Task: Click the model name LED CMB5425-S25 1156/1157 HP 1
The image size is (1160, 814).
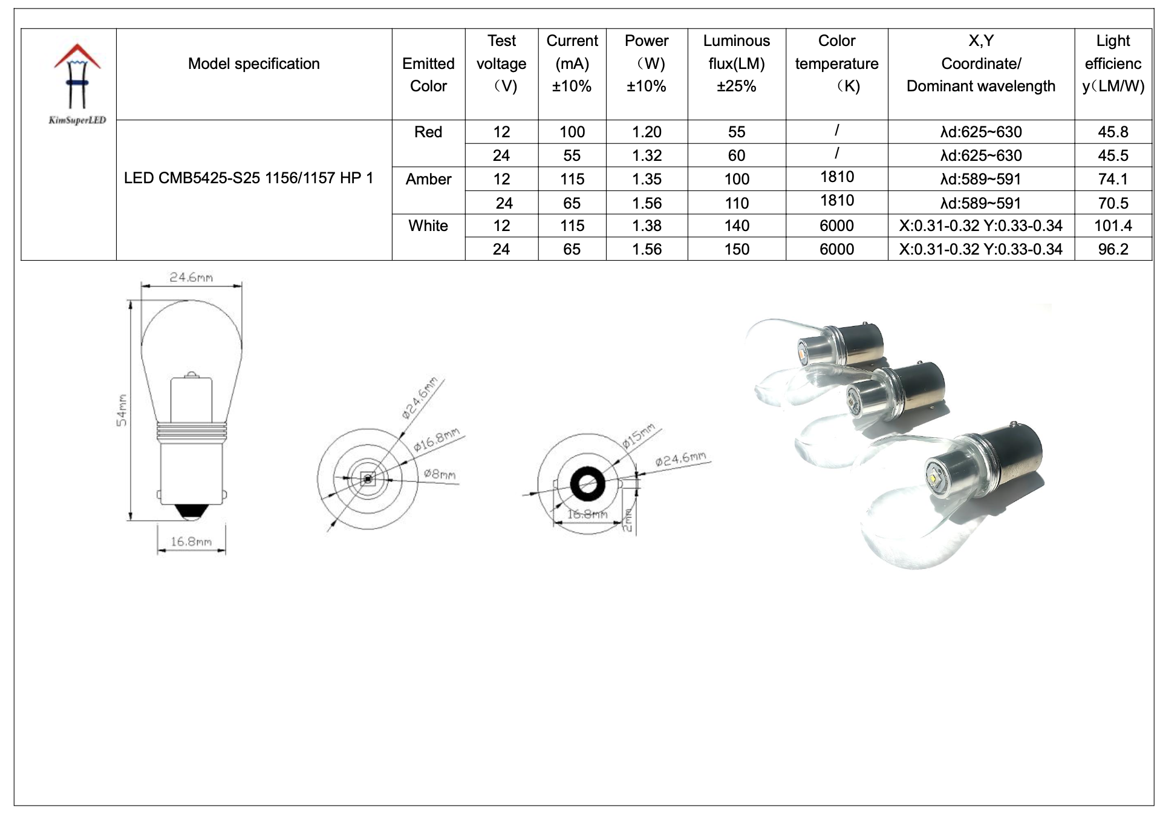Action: tap(249, 178)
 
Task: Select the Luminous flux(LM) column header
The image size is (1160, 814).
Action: tap(736, 63)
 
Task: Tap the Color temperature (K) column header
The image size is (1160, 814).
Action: tap(836, 63)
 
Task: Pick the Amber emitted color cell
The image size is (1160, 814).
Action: tap(428, 180)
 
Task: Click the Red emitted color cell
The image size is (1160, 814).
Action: tap(428, 132)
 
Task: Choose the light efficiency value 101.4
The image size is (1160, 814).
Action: tap(1112, 226)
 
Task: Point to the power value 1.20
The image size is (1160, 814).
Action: tap(647, 132)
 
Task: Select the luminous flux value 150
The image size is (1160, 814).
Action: tap(736, 249)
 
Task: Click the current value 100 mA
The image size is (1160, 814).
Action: tap(572, 132)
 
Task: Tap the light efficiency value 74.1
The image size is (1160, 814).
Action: tap(1112, 179)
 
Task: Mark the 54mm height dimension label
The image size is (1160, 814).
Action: tap(122, 410)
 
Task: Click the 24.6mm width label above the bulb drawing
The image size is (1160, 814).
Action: tap(191, 277)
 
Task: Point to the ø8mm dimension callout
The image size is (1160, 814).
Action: tap(440, 474)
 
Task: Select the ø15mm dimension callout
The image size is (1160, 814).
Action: tap(639, 435)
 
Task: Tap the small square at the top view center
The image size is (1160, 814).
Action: tap(367, 480)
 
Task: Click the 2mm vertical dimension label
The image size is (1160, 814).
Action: tap(628, 519)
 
